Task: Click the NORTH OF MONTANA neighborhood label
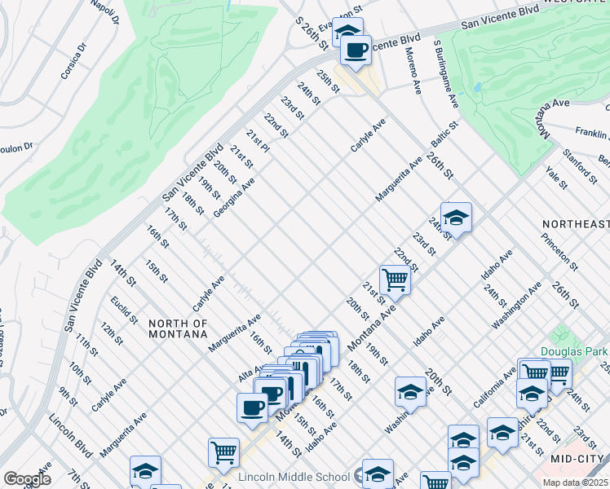(179, 328)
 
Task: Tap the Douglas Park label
(575, 352)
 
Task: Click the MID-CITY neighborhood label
(579, 459)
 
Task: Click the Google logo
(26, 478)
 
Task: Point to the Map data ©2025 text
(575, 482)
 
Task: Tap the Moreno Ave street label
(413, 71)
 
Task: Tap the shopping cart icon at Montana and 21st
(395, 280)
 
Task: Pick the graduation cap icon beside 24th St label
(457, 218)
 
